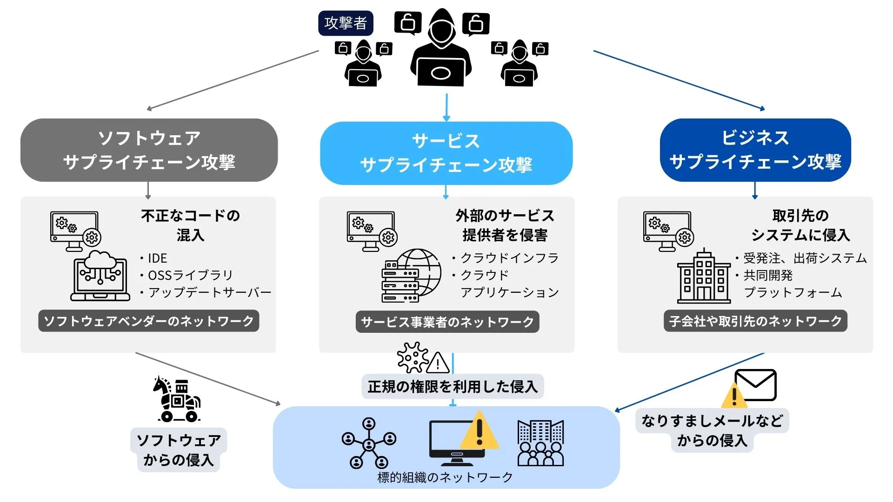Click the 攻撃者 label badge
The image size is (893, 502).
click(x=346, y=23)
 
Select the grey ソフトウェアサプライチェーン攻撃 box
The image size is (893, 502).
click(x=149, y=150)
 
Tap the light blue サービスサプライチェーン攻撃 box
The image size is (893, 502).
click(x=446, y=153)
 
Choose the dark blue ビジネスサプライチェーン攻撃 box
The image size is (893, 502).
click(x=755, y=150)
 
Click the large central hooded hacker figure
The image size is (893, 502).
click(x=441, y=49)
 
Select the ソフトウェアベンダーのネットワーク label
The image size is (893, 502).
click(x=148, y=321)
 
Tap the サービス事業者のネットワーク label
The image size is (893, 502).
click(x=447, y=322)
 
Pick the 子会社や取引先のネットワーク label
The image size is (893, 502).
click(x=755, y=321)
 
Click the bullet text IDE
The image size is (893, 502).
click(x=157, y=258)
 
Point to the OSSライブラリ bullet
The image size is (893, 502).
click(x=190, y=275)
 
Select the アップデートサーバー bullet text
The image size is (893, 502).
click(x=209, y=292)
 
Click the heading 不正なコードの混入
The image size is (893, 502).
click(x=190, y=225)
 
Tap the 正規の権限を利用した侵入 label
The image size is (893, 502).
click(x=452, y=387)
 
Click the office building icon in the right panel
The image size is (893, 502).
click(x=703, y=277)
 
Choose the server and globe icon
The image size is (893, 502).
click(x=411, y=276)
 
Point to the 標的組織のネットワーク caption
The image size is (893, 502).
click(x=445, y=477)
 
